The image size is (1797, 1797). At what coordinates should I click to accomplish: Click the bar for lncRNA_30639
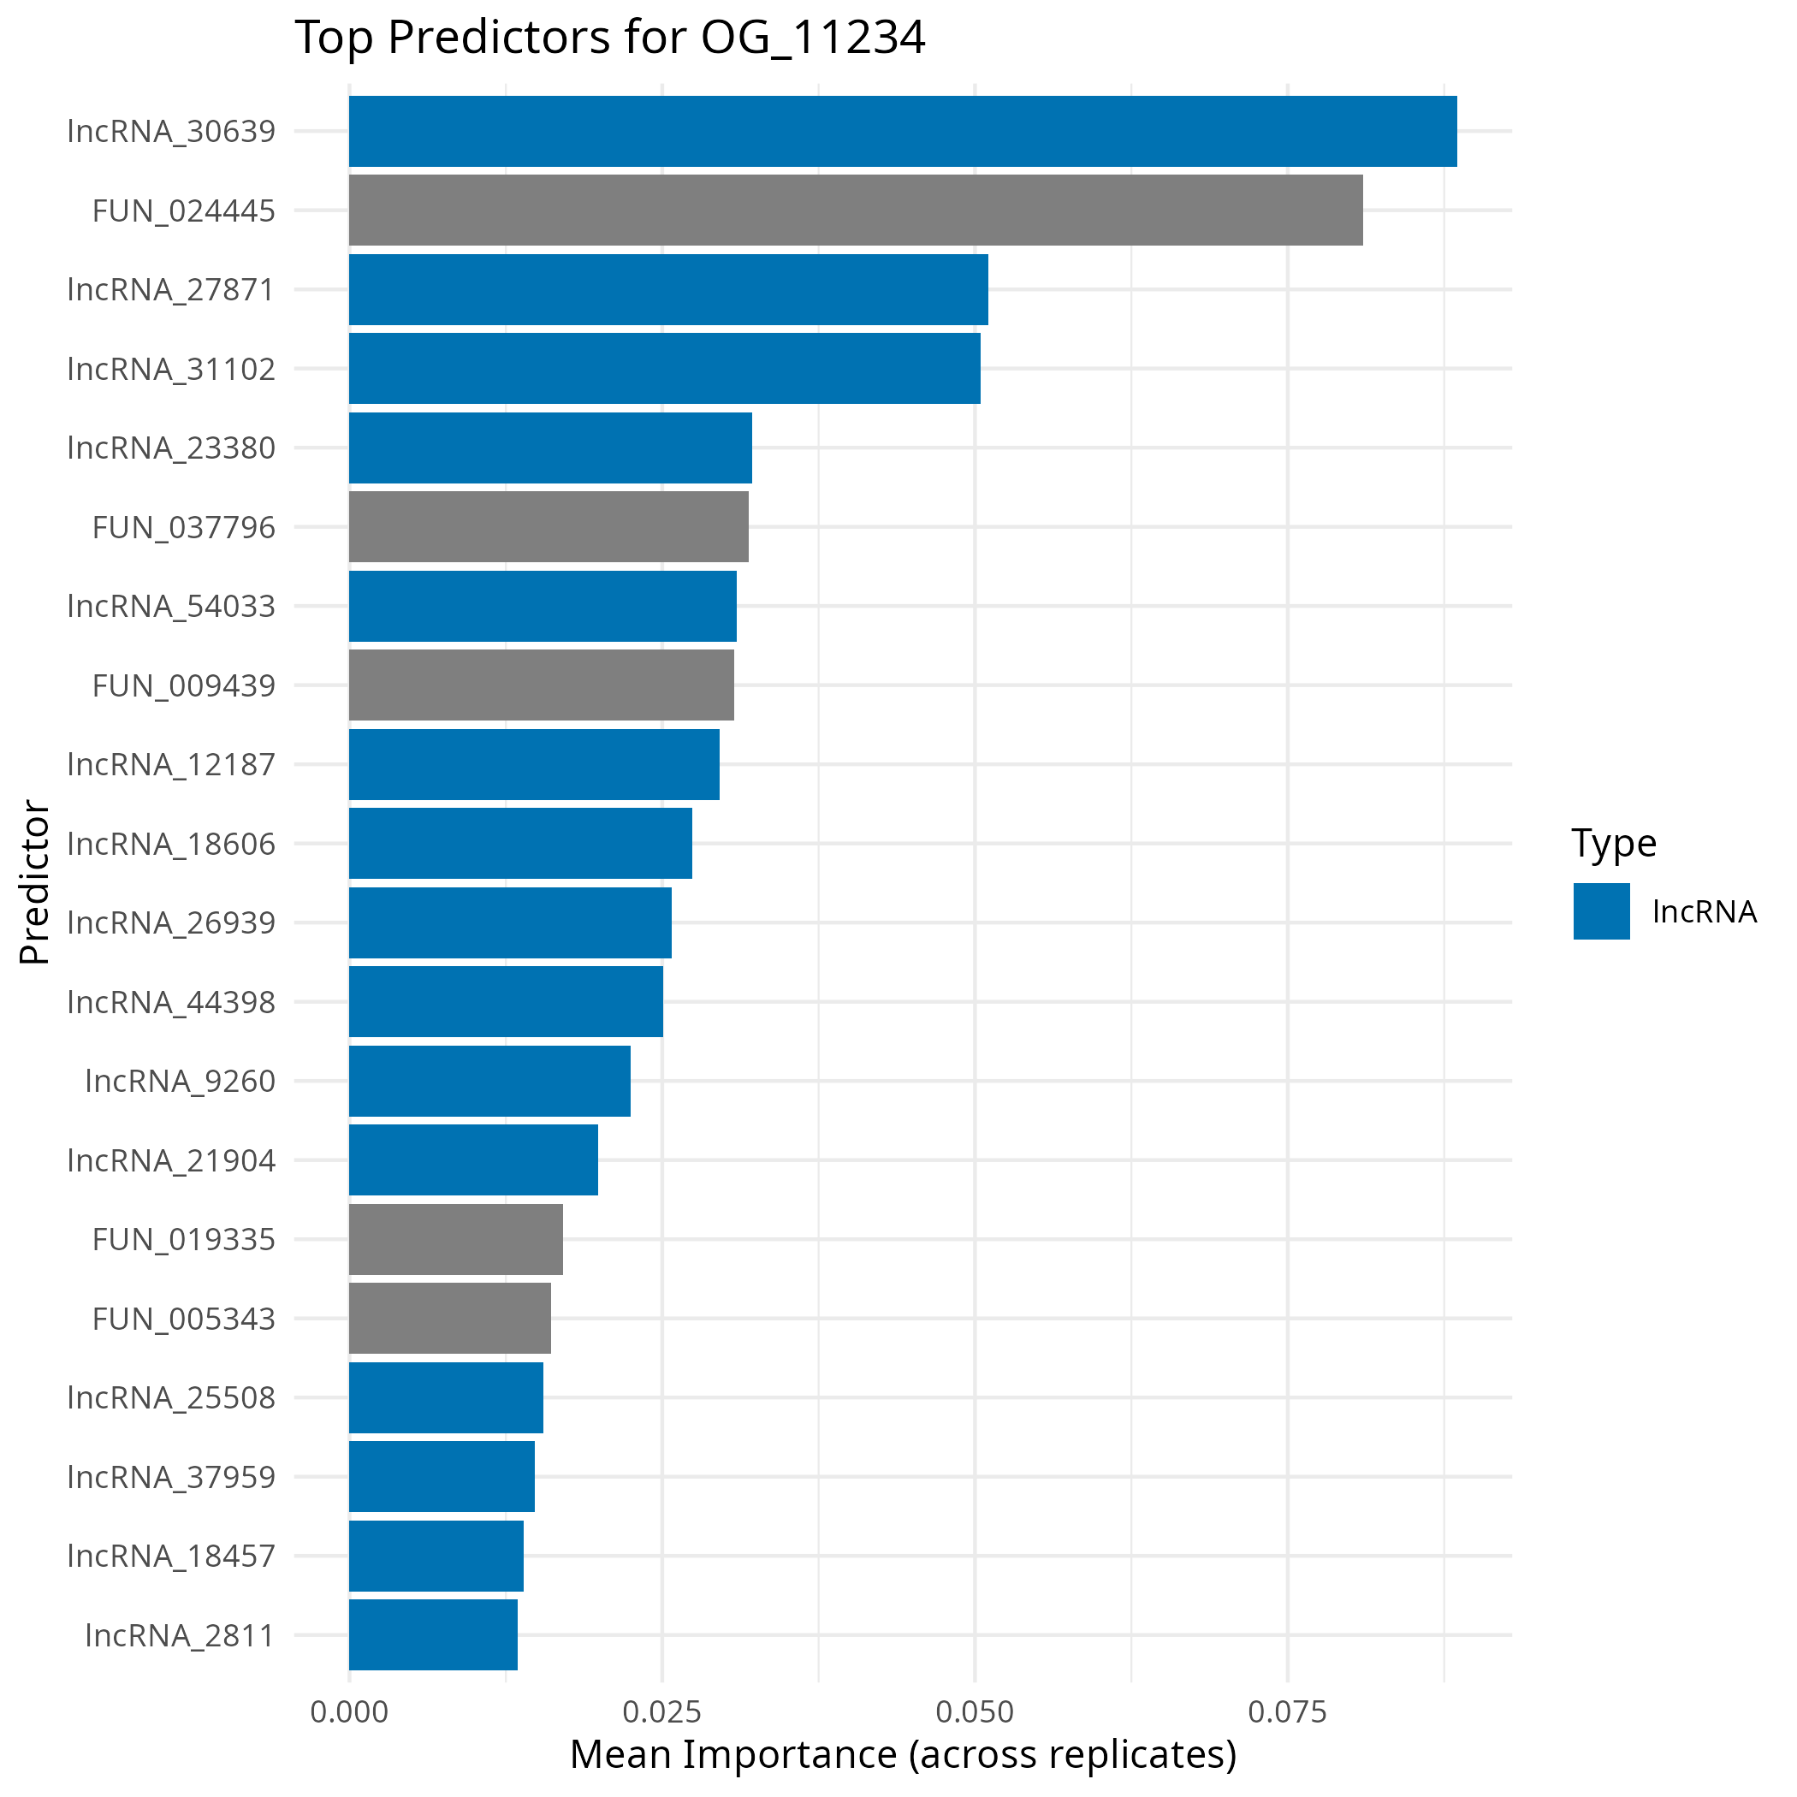point(902,131)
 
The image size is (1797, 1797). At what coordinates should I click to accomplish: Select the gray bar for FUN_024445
point(856,211)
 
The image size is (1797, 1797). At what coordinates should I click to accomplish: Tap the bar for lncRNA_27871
point(667,289)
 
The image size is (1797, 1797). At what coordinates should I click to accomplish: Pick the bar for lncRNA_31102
point(664,368)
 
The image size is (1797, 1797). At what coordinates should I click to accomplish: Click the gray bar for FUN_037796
point(549,526)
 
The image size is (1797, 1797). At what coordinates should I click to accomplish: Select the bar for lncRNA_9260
point(489,1081)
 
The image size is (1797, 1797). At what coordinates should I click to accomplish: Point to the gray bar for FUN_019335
point(456,1239)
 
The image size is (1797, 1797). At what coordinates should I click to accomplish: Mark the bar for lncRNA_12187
point(534,763)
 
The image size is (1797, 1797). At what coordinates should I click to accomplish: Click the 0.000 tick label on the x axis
point(349,1711)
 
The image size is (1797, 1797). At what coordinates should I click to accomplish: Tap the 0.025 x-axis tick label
point(661,1711)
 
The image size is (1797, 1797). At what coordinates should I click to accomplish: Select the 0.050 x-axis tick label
point(975,1711)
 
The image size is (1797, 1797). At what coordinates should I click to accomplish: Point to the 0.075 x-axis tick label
point(1287,1711)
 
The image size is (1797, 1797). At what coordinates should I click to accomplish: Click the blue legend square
point(1602,910)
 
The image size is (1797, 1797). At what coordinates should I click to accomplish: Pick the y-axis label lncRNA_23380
point(172,448)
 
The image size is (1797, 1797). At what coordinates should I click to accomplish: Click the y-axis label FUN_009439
point(184,685)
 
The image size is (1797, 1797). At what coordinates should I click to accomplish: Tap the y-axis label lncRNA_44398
point(172,1002)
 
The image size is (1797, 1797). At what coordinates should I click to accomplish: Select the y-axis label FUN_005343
point(184,1319)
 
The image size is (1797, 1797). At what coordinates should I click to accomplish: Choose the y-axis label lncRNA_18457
point(172,1556)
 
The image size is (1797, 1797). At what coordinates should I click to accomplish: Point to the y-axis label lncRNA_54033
point(172,607)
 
